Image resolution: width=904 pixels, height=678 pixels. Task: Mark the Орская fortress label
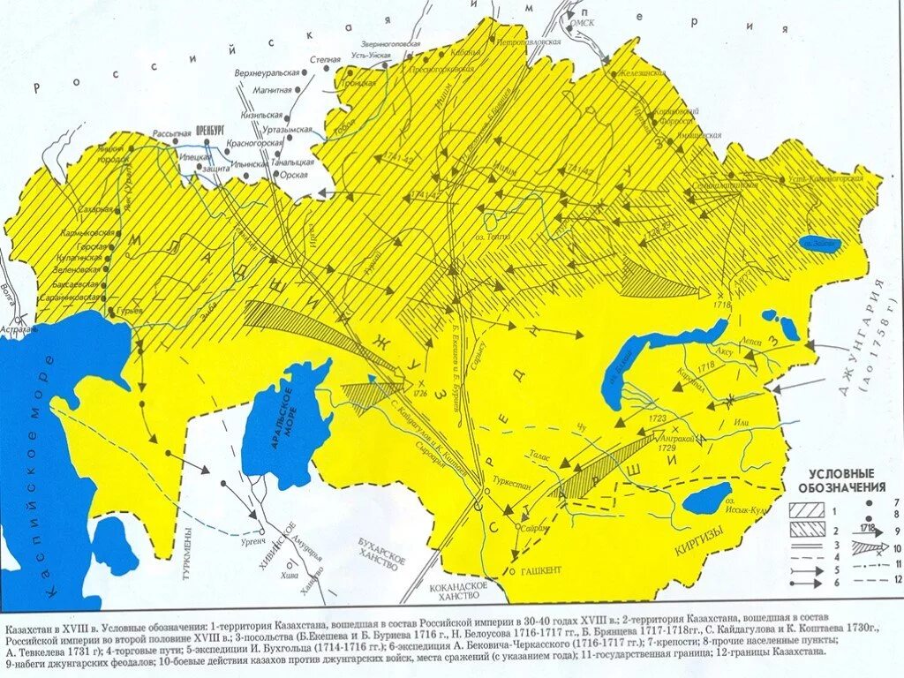pos(294,175)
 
